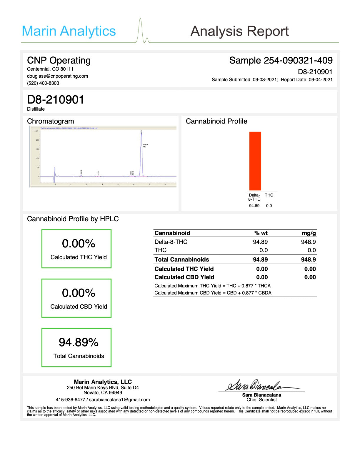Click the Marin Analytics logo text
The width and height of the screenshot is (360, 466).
pyautogui.click(x=69, y=31)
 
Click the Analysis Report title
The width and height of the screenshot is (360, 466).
pyautogui.click(x=239, y=31)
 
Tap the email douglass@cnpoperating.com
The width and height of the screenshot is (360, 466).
pyautogui.click(x=57, y=76)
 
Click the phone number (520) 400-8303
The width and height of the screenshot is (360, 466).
pyautogui.click(x=43, y=83)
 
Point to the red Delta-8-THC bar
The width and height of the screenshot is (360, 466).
pyautogui.click(x=255, y=161)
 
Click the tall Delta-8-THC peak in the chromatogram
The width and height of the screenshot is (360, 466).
pyautogui.click(x=141, y=153)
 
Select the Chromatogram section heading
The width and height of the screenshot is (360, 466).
pyautogui.click(x=50, y=121)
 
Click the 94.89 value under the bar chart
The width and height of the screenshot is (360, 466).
pyautogui.click(x=254, y=206)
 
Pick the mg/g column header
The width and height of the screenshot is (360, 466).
pyautogui.click(x=309, y=233)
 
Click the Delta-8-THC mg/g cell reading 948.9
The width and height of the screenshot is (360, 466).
pyautogui.click(x=308, y=242)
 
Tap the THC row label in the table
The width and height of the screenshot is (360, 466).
pyautogui.click(x=161, y=250)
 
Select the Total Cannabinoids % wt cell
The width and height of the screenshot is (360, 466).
pyautogui.click(x=260, y=259)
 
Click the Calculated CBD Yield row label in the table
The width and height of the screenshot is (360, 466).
pyautogui.click(x=184, y=277)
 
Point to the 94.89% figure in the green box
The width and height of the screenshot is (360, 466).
pyautogui.click(x=79, y=342)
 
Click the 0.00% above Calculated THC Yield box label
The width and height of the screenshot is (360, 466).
pyautogui.click(x=79, y=244)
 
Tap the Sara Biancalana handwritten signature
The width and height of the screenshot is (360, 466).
pyautogui.click(x=259, y=385)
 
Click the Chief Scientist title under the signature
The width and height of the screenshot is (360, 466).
pyautogui.click(x=261, y=400)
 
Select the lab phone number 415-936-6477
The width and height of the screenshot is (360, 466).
pyautogui.click(x=70, y=400)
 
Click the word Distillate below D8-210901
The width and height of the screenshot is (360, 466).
pyautogui.click(x=36, y=109)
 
